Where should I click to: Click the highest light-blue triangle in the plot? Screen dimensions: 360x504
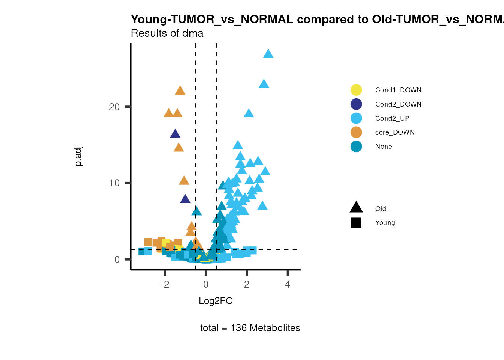[268, 54]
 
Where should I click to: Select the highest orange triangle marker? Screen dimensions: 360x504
[180, 90]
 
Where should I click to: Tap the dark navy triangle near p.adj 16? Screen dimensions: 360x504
[175, 134]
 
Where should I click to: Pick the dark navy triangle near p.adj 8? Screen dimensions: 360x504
[185, 199]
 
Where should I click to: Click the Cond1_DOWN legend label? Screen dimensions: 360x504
[398, 90]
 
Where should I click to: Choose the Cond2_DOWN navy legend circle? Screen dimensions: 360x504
[356, 104]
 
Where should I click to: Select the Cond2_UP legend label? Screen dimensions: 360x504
[392, 118]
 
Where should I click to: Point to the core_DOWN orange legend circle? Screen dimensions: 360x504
[356, 132]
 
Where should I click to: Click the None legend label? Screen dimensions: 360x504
[383, 147]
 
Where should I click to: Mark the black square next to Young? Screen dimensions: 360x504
[356, 223]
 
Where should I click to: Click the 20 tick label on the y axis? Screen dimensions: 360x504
[114, 107]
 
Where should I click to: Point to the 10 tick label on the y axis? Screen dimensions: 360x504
[114, 183]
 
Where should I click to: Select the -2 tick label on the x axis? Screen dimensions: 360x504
[165, 284]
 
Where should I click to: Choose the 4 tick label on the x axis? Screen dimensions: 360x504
[288, 284]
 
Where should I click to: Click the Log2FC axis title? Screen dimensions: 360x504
[216, 301]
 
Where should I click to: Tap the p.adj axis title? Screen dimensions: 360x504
[78, 156]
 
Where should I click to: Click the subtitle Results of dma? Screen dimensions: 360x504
[167, 33]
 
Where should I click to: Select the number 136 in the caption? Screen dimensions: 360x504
[238, 328]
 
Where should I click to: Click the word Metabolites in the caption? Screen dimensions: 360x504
[275, 328]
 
